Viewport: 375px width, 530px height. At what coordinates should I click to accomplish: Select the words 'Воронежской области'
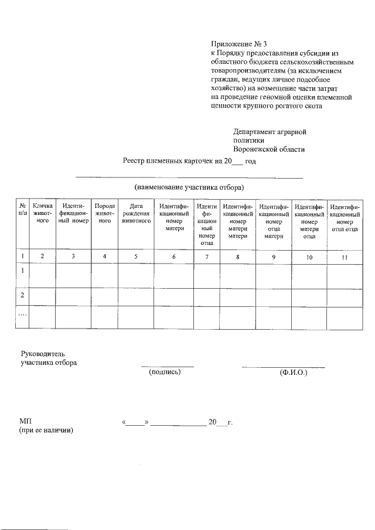[x=269, y=150]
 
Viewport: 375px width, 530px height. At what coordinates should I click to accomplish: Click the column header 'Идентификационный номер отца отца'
[x=344, y=218]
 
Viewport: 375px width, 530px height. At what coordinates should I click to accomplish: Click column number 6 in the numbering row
[x=174, y=256]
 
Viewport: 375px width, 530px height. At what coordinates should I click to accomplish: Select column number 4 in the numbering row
[x=104, y=256]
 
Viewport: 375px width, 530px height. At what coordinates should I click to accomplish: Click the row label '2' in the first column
[x=22, y=296]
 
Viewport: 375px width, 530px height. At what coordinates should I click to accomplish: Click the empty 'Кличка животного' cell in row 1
[x=43, y=275]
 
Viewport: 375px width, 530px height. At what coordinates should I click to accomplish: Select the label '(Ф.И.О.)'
[x=294, y=372]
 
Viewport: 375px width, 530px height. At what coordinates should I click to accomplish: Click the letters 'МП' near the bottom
[x=26, y=421]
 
